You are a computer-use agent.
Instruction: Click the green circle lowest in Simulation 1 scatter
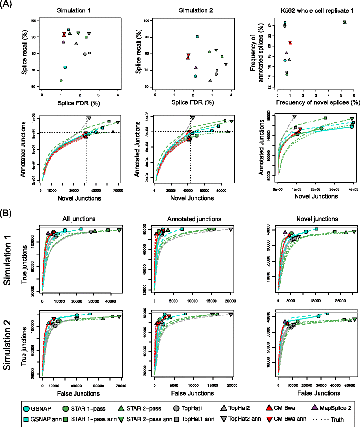pyautogui.click(x=61, y=81)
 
